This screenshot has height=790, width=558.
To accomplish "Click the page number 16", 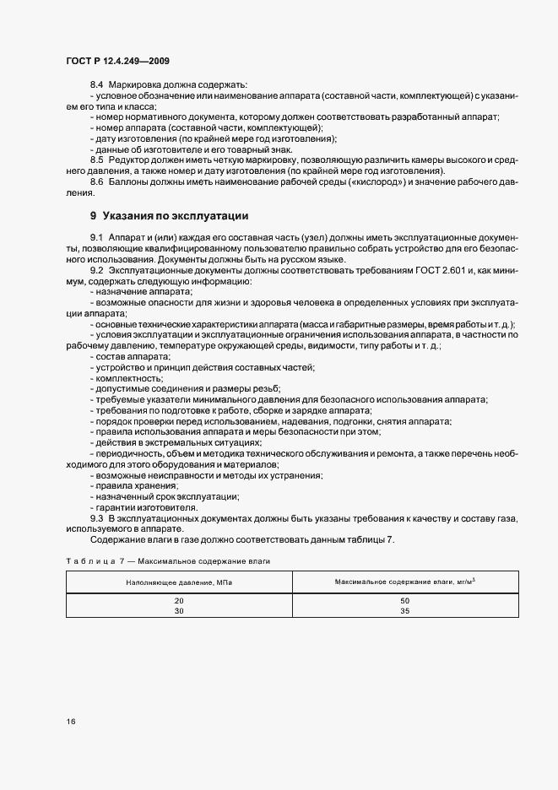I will [69, 721].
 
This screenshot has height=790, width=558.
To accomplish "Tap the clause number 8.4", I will [96, 85].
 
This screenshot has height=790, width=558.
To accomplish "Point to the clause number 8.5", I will [96, 160].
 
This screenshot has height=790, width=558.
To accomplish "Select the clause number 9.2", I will [96, 271].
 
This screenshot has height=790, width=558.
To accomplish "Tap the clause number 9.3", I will [96, 518].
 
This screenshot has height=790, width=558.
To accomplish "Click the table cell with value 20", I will [179, 600].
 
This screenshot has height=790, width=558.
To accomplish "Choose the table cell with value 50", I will [405, 600].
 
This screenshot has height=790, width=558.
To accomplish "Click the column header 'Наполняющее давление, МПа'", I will [179, 582].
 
